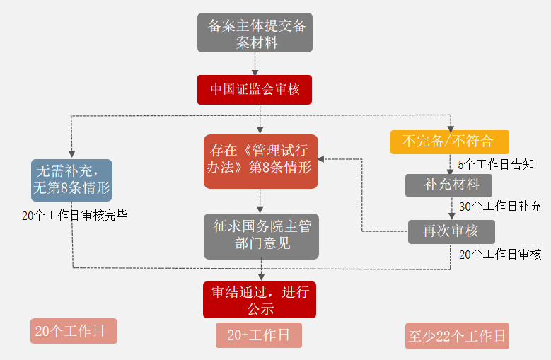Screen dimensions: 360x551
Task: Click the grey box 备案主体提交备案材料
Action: point(255,33)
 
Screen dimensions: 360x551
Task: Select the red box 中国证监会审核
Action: point(255,90)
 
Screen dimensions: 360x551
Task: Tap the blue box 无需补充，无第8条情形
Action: point(71,180)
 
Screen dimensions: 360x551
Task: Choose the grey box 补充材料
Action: point(448,185)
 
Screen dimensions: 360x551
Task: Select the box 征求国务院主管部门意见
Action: point(261,236)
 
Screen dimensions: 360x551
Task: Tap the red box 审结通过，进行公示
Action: point(260,300)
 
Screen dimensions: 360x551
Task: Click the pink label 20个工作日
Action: point(74,331)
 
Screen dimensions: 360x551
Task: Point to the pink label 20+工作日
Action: point(259,335)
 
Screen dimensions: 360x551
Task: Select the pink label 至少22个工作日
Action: point(458,336)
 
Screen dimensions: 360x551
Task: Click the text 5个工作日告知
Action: point(495,164)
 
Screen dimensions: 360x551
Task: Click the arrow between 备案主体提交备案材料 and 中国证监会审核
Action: point(255,64)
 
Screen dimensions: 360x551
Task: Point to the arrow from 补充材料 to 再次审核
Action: point(451,209)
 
